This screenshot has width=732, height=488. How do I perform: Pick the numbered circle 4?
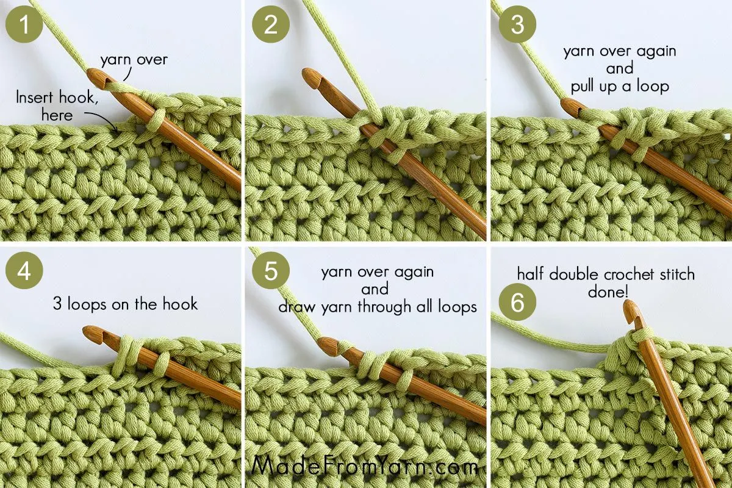click(x=24, y=271)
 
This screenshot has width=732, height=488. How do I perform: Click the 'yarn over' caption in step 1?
click(x=134, y=60)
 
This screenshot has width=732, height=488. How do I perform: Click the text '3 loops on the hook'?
click(x=125, y=303)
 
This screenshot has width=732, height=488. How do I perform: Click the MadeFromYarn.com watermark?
click(x=365, y=467)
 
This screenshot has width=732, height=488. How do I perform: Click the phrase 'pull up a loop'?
click(x=620, y=86)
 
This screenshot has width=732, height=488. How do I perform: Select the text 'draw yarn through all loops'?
click(x=378, y=307)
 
